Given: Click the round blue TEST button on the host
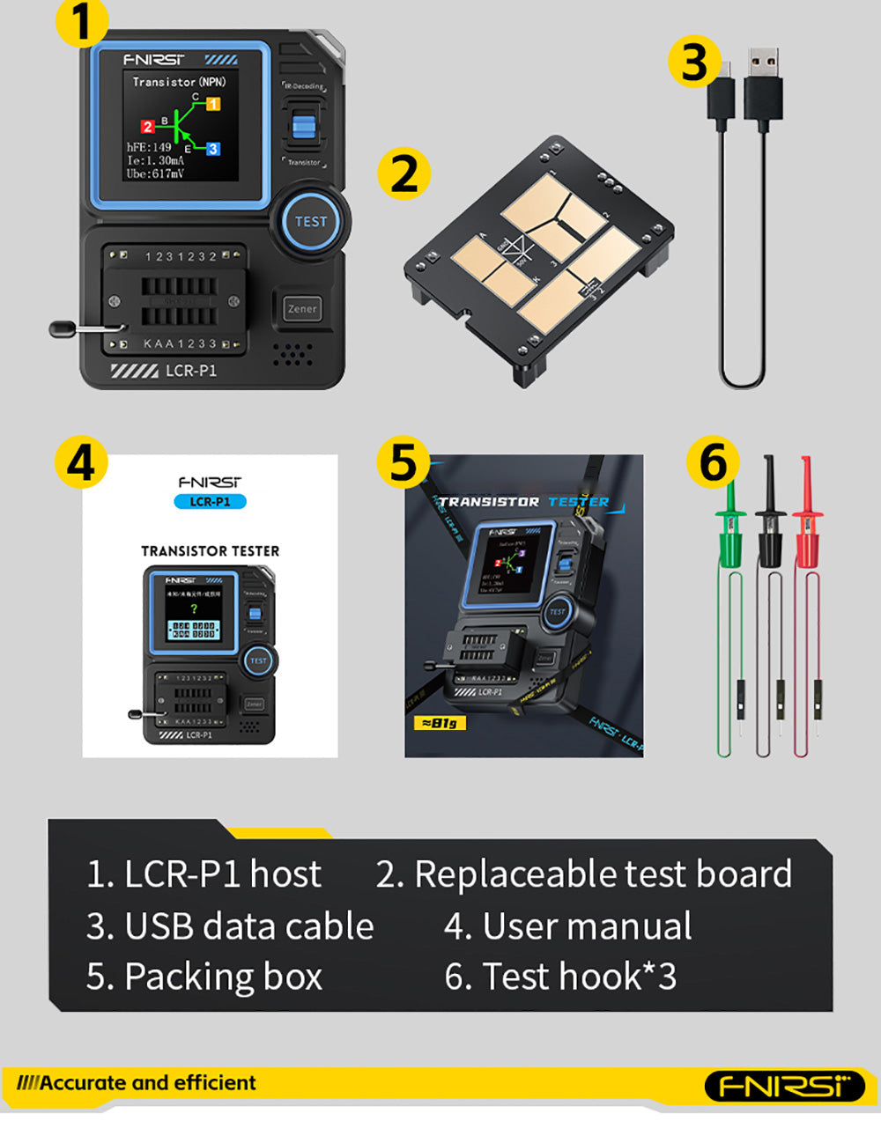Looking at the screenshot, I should pos(310,221).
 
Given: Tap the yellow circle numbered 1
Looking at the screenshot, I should pos(82,22).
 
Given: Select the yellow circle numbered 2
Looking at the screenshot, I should pos(404,173).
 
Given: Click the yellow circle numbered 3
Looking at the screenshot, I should pos(695,63).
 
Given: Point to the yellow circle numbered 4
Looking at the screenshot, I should pos(81,462).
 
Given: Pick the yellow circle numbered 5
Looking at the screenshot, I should pos(403,462).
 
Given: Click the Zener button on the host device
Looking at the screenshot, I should pos(302,309).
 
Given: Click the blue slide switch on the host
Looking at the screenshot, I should pos(304,125).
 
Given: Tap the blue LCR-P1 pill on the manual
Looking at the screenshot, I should pos(210,501).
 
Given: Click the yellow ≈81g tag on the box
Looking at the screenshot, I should pos(440,723).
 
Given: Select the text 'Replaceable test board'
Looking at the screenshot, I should pos(603,874).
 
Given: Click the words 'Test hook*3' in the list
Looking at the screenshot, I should pos(579,977).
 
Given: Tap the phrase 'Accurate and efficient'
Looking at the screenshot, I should pos(147,1083).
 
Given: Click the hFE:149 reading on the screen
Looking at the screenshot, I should pos(149,147).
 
